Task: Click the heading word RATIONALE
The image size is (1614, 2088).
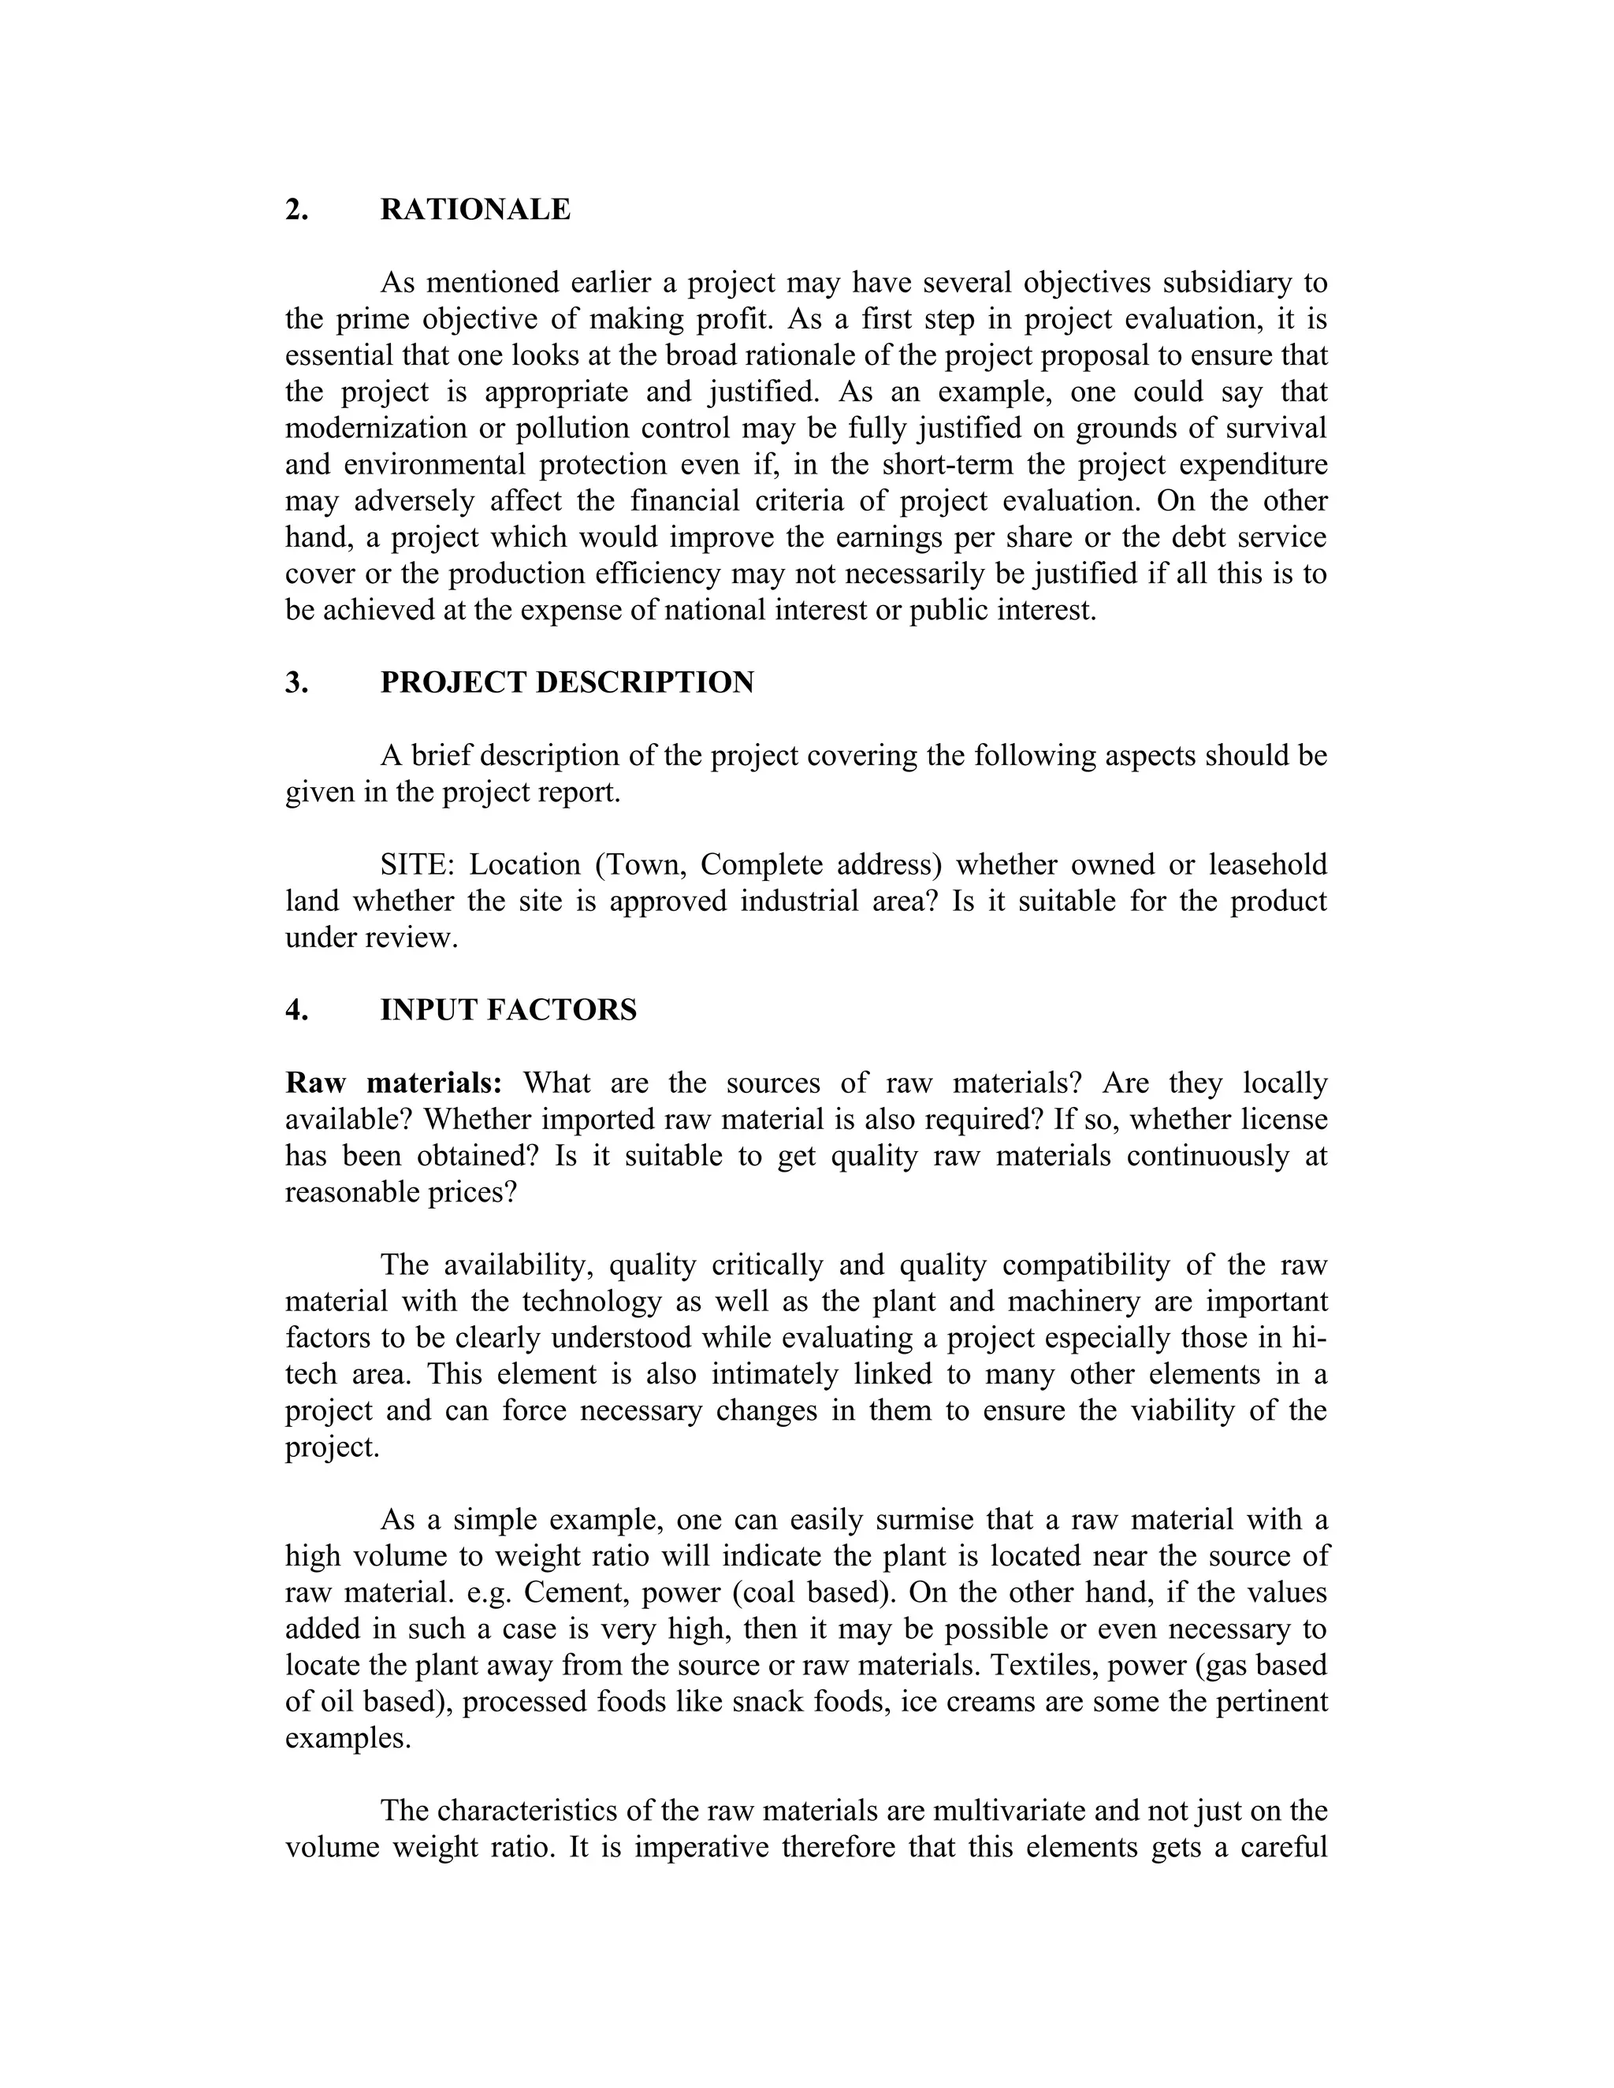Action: [x=475, y=210]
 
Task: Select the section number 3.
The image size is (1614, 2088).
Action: [x=296, y=682]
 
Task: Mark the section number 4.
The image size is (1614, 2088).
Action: [x=296, y=1011]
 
